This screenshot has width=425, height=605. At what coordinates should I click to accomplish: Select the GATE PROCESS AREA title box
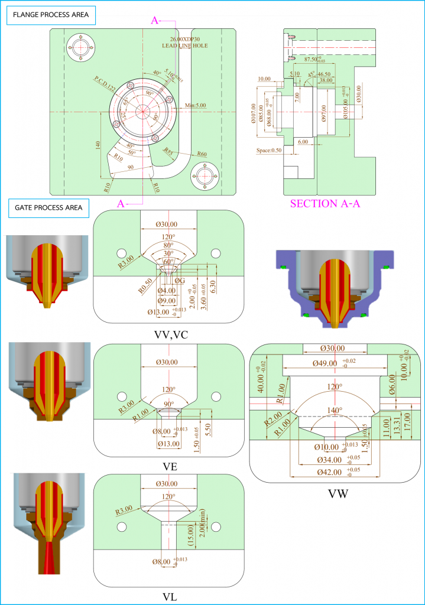pos(48,207)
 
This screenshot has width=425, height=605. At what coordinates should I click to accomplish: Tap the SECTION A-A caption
pos(325,204)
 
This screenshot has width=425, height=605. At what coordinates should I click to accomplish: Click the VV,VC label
pos(168,333)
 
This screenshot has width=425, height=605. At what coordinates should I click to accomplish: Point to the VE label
pos(170,467)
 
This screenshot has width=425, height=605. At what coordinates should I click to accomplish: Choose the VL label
pos(170,597)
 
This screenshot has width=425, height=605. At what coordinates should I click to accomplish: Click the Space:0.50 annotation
pos(271,150)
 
